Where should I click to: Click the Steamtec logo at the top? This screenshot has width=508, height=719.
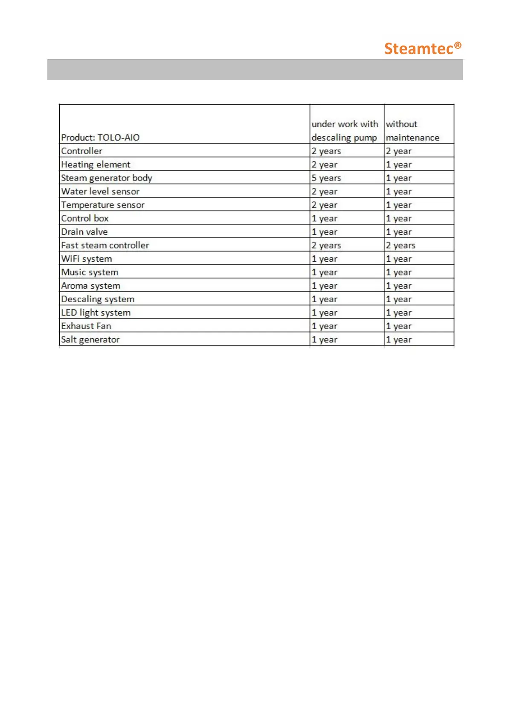(x=422, y=48)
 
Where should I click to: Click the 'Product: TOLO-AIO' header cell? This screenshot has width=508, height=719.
(x=100, y=137)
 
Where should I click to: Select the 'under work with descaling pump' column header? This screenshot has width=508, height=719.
(x=345, y=131)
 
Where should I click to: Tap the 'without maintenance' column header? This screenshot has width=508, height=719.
(x=412, y=131)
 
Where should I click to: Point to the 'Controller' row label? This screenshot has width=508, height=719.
(x=82, y=151)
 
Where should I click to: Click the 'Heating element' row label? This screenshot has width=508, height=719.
(x=96, y=165)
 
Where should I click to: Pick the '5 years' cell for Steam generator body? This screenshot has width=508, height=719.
(x=326, y=178)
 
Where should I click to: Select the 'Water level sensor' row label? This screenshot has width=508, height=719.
(x=100, y=192)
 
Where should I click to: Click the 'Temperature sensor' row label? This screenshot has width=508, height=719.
(x=103, y=205)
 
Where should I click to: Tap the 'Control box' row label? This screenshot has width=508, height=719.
(x=85, y=219)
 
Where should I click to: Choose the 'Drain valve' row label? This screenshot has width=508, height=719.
(x=84, y=232)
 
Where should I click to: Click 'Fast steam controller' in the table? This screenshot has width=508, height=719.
(x=105, y=246)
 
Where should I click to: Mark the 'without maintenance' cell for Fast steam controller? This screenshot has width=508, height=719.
(x=401, y=246)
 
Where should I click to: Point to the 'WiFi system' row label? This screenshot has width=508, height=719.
(x=87, y=259)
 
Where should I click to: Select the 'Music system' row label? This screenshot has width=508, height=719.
(x=90, y=272)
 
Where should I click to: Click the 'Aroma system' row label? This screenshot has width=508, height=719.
(x=90, y=286)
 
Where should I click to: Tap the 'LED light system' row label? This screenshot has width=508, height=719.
(x=96, y=313)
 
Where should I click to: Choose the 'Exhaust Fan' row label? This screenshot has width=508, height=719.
(x=86, y=326)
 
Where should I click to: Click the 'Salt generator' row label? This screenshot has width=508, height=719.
(x=90, y=340)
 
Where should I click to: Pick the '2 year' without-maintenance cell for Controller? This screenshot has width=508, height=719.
(x=399, y=151)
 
